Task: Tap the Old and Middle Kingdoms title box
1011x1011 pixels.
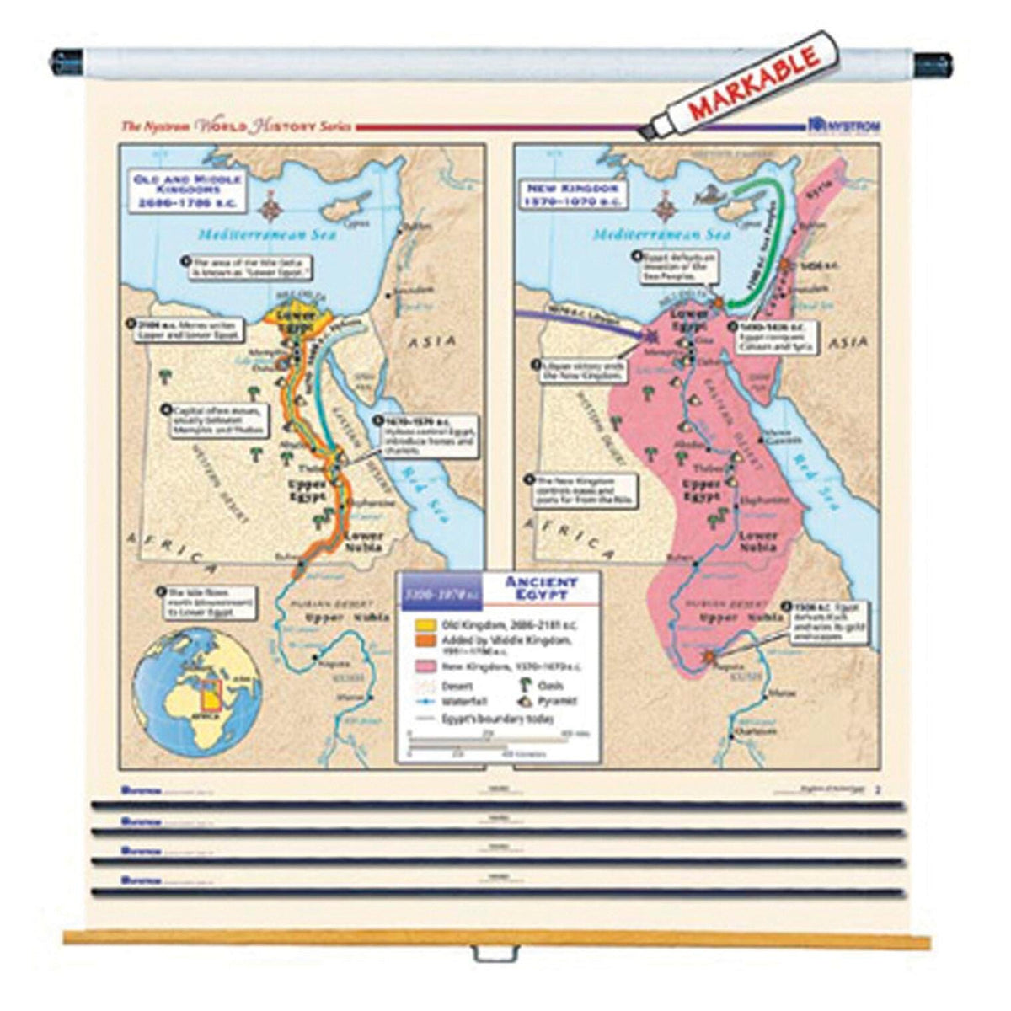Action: pyautogui.click(x=184, y=191)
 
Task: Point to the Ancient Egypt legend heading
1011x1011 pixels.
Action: pyautogui.click(x=541, y=587)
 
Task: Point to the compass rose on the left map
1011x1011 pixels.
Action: pyautogui.click(x=271, y=205)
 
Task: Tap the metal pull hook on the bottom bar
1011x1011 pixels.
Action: pyautogui.click(x=493, y=954)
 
